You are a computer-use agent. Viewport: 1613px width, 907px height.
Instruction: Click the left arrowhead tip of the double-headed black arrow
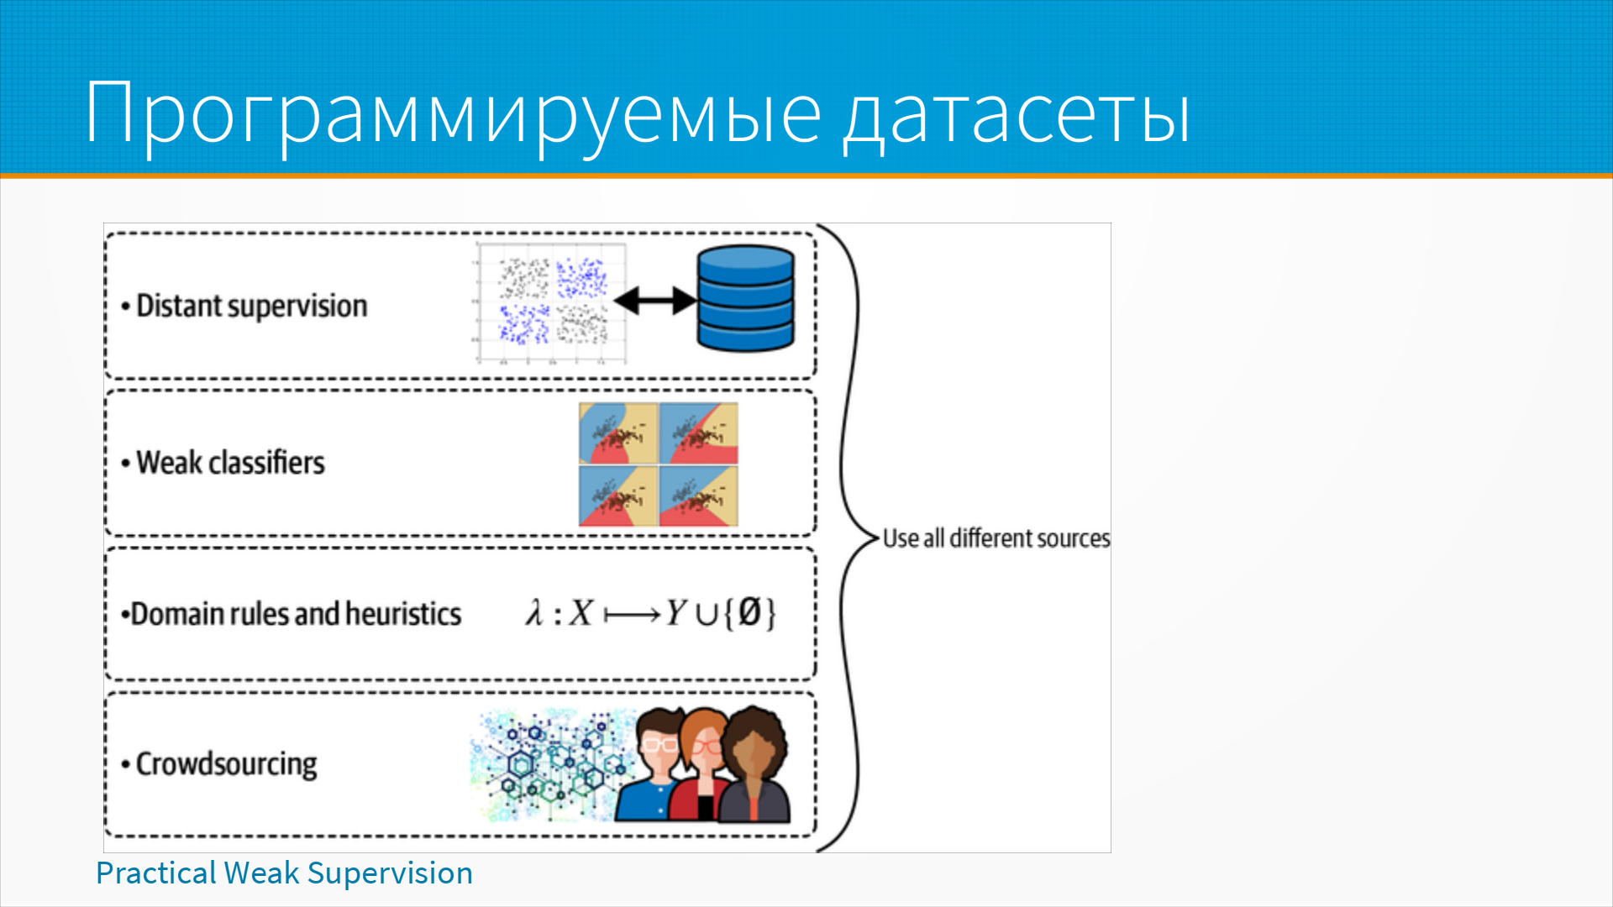tap(614, 301)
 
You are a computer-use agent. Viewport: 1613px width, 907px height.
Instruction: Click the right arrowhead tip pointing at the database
tap(697, 301)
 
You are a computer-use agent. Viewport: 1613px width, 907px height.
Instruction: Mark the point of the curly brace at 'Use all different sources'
tap(879, 537)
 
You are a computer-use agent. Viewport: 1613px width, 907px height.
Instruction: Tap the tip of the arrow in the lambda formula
tap(661, 616)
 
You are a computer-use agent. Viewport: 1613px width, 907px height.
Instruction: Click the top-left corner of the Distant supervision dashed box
tap(106, 233)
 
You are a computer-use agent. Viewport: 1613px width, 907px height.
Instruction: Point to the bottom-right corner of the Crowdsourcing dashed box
tap(815, 836)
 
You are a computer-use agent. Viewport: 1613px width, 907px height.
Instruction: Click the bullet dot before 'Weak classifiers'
tap(126, 464)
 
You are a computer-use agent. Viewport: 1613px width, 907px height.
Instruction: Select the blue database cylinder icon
tap(745, 297)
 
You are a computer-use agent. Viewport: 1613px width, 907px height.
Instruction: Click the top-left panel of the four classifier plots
tap(618, 433)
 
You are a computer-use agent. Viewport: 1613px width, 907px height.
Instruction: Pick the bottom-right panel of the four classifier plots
tap(699, 496)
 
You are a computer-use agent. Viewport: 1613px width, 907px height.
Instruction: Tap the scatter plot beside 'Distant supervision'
tap(551, 303)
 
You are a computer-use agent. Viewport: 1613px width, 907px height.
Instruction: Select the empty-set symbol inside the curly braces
tap(749, 612)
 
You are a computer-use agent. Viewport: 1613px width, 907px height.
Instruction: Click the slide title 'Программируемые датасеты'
tap(638, 113)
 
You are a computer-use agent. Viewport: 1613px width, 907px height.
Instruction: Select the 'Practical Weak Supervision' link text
tap(284, 873)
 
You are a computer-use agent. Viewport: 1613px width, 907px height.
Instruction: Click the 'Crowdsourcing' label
tap(227, 764)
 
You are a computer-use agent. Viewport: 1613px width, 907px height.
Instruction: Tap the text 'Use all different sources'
tap(996, 537)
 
